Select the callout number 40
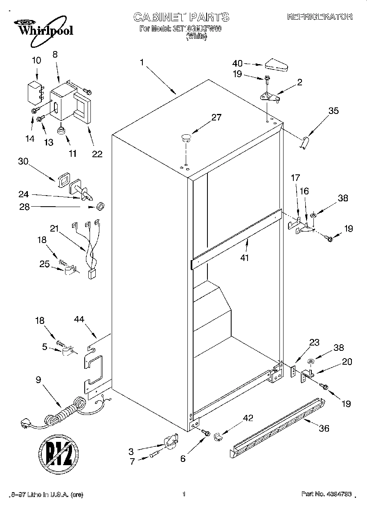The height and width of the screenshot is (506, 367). tap(237, 63)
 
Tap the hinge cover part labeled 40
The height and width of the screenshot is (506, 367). tap(277, 65)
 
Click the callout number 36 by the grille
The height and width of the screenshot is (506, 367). tap(324, 428)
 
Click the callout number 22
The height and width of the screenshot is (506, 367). tap(97, 154)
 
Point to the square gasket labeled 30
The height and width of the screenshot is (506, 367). tap(63, 180)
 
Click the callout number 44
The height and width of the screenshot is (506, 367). tap(79, 319)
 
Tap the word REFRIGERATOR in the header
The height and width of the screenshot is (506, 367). tap(320, 17)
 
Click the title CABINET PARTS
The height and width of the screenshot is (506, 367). tap(181, 17)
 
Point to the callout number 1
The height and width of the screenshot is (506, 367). tap(142, 62)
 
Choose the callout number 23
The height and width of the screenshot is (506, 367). tap(314, 343)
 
